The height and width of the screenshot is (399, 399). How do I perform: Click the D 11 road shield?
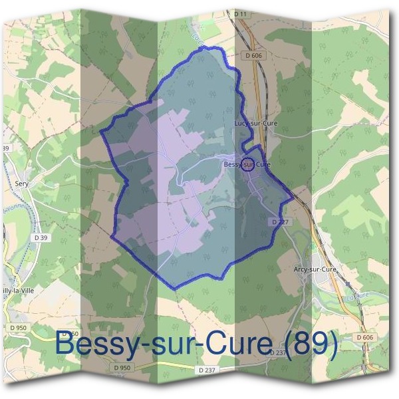click(240, 13)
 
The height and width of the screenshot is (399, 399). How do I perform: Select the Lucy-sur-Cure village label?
click(256, 123)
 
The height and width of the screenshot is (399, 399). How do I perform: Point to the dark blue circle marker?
click(247, 164)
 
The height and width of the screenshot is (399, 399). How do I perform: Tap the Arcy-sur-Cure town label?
click(315, 269)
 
